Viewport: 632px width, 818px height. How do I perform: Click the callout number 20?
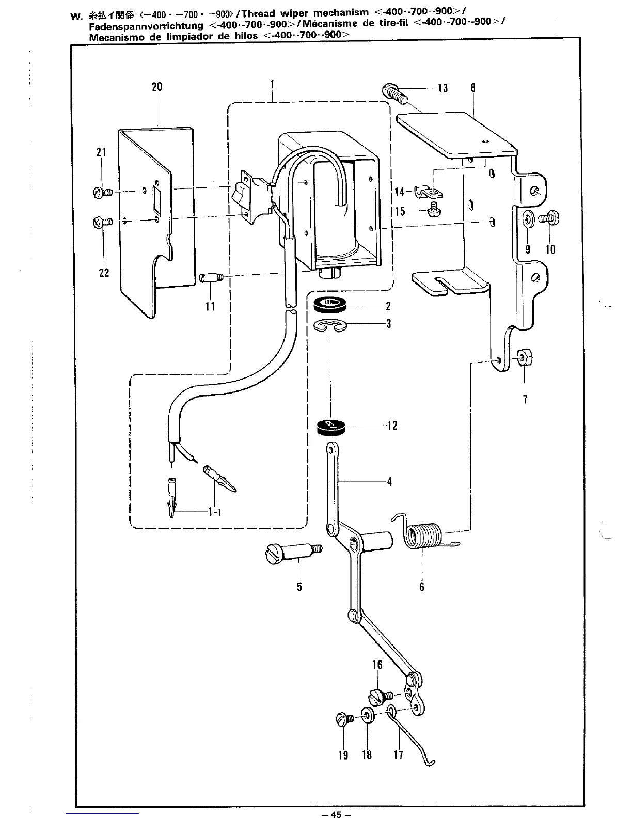click(157, 87)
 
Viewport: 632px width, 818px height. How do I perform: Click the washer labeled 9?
click(528, 219)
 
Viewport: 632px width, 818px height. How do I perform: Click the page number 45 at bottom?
click(336, 814)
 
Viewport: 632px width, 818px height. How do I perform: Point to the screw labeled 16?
click(380, 696)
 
